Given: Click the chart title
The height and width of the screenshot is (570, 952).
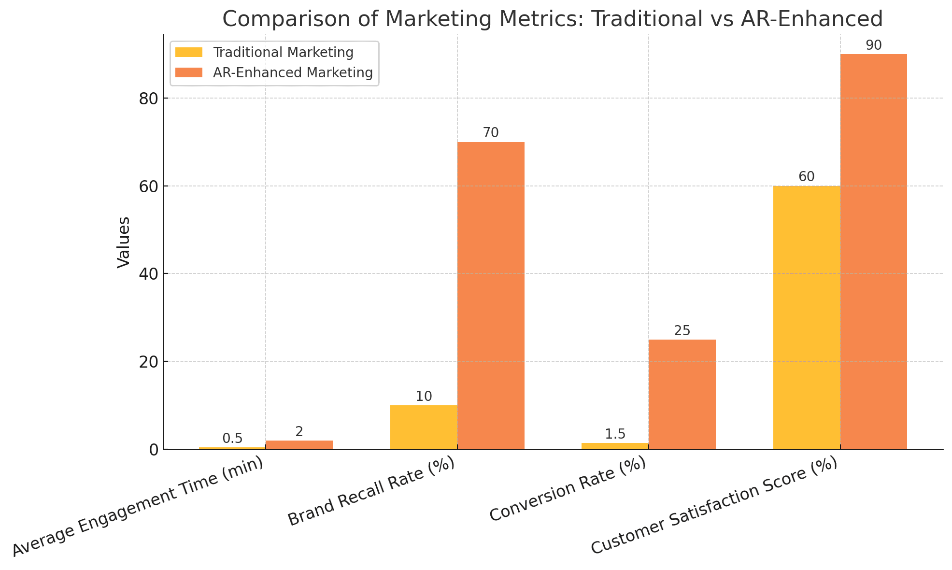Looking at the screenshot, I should coord(552,19).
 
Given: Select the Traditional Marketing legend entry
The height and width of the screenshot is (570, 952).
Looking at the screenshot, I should coord(283,52).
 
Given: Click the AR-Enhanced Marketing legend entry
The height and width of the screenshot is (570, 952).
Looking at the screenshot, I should coord(293,72).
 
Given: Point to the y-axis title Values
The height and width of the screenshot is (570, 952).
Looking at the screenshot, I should coord(124,242).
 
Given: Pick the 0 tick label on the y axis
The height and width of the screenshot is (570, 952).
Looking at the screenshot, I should coord(153,450).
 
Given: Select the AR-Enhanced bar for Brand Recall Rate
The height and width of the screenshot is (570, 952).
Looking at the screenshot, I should coord(491,295).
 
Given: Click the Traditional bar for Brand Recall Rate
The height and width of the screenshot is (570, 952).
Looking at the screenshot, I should coord(424,427).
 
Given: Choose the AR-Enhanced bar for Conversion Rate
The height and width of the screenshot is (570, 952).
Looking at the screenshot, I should coord(682,394).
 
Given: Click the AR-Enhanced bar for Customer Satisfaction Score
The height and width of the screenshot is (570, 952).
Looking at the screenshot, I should coord(873,251).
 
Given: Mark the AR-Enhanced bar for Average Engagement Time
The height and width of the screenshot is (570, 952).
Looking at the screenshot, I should coord(299,445).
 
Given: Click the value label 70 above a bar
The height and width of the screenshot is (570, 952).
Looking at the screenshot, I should coord(491,133).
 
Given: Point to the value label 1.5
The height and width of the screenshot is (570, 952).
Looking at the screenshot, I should coord(615,434).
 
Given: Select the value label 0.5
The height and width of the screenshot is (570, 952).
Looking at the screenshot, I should coord(232,439).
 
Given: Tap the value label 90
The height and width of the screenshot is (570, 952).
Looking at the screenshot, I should coord(873,45).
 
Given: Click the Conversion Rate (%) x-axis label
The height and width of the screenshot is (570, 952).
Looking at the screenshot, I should coord(568,490).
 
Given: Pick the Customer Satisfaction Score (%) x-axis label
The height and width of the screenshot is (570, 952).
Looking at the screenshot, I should coord(714,507).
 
